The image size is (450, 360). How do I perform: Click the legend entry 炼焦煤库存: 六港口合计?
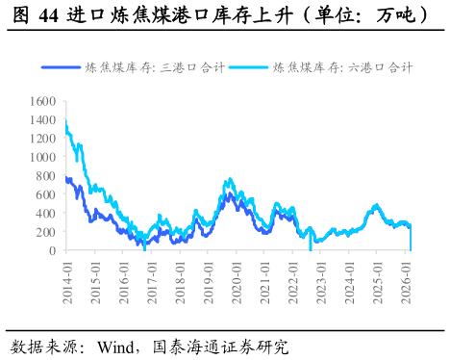click(x=343, y=68)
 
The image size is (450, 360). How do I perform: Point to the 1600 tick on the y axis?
click(x=42, y=100)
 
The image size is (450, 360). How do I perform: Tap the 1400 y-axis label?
click(x=42, y=119)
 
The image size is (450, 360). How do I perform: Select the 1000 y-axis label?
click(x=42, y=157)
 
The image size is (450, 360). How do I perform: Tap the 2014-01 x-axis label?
click(x=66, y=281)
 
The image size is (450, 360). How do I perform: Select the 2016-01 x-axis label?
click(x=123, y=281)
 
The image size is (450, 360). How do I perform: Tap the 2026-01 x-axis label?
click(x=408, y=281)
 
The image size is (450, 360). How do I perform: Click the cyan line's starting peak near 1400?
click(x=65, y=122)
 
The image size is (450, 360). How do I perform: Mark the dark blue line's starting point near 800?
click(x=65, y=177)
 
